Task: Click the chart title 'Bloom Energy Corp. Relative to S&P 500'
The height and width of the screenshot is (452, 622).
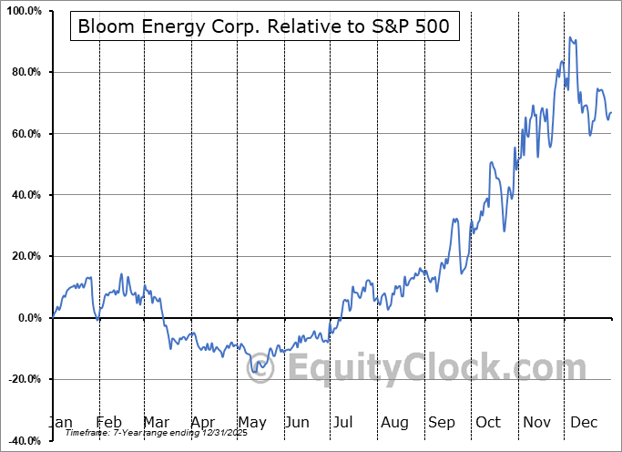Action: click(264, 26)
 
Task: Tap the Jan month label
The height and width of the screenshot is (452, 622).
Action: click(60, 423)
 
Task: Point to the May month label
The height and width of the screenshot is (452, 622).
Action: click(251, 423)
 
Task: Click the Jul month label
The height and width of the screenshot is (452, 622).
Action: click(344, 423)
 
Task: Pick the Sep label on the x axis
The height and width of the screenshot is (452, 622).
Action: click(442, 423)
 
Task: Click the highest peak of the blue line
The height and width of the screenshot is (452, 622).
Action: click(570, 37)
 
